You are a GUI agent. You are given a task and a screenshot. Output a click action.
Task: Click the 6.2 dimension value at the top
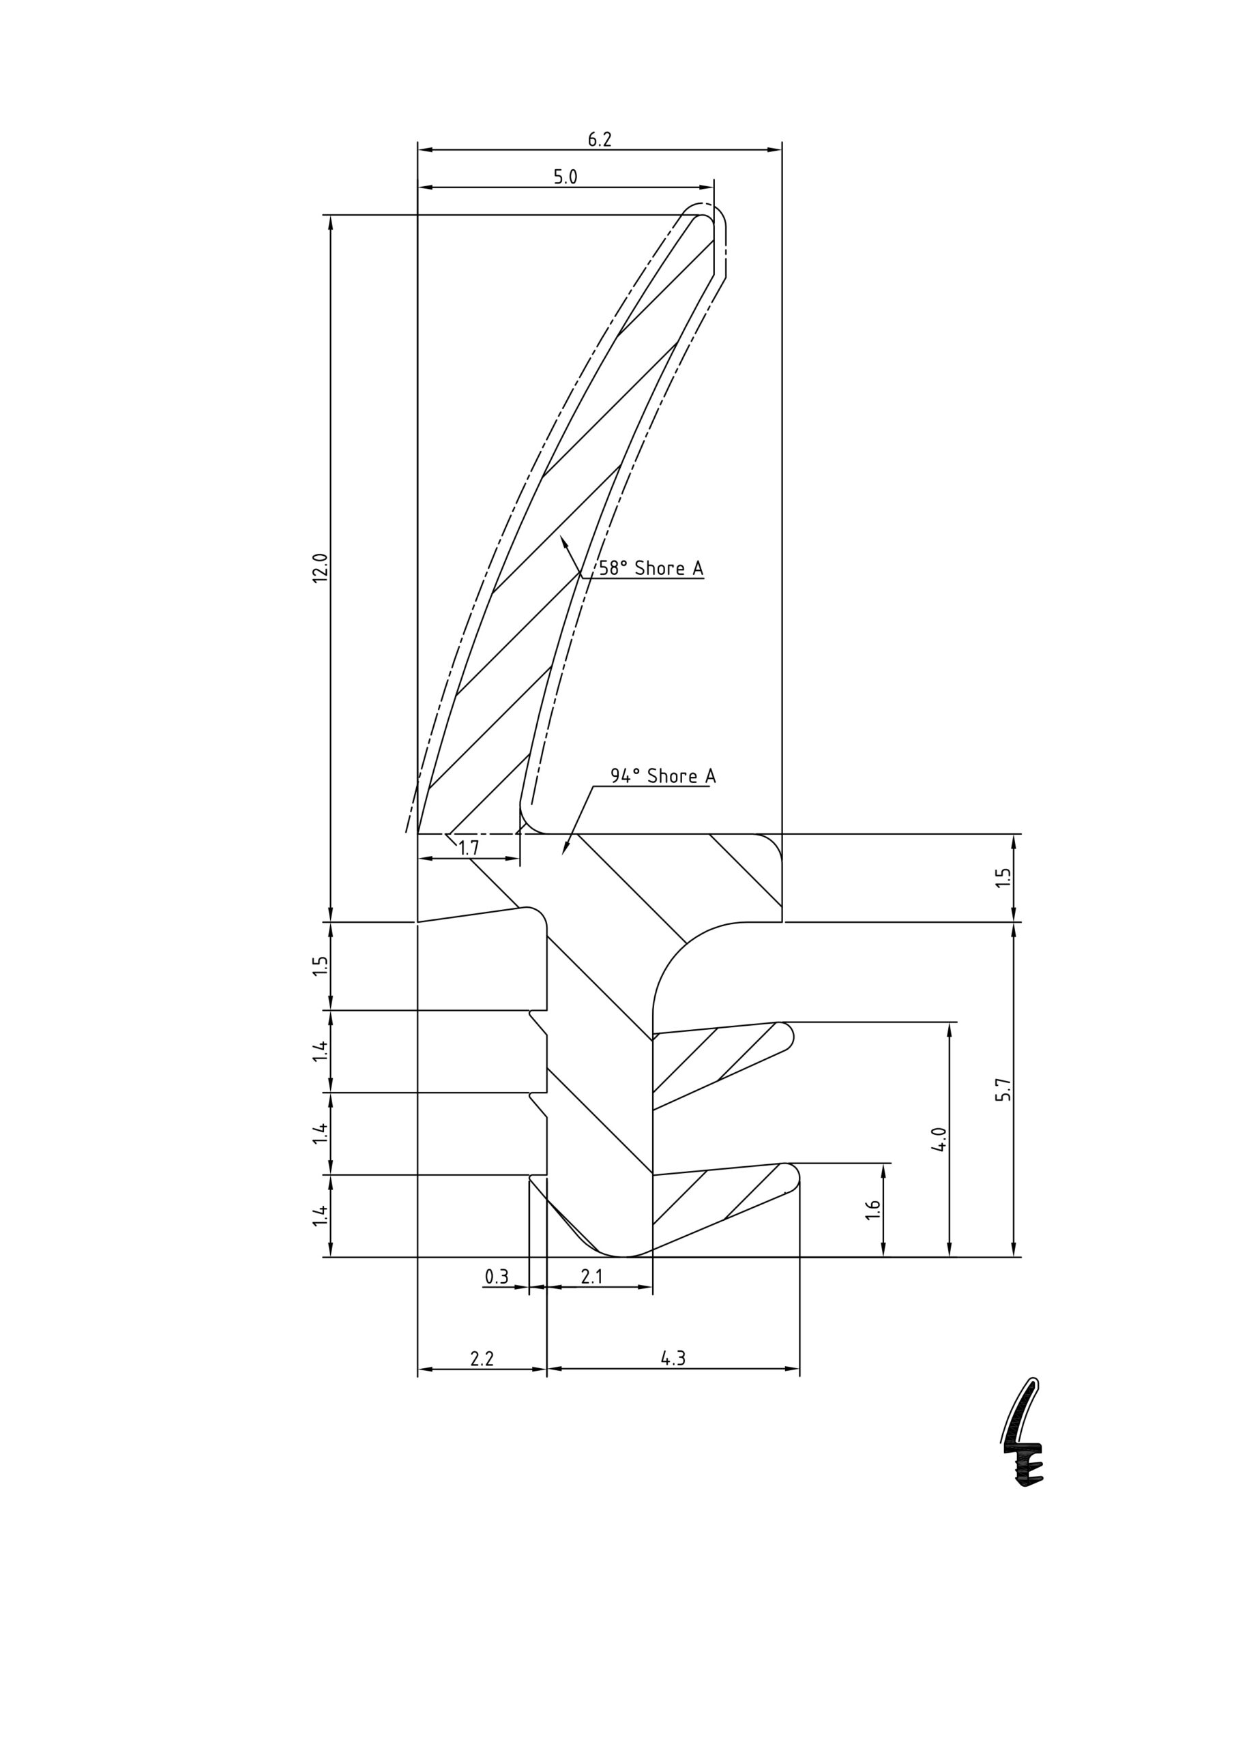tap(600, 139)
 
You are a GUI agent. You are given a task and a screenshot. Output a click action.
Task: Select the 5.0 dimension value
tap(565, 177)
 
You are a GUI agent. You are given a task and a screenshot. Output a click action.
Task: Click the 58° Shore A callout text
tap(651, 568)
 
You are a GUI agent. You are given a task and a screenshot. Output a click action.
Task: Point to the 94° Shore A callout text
tap(662, 775)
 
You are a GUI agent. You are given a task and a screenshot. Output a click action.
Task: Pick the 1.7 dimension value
tap(469, 848)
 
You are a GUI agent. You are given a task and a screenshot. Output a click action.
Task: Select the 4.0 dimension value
tap(939, 1139)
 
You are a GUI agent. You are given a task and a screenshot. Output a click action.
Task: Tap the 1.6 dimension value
tap(873, 1211)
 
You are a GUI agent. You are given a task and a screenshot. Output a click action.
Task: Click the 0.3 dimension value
tap(496, 1277)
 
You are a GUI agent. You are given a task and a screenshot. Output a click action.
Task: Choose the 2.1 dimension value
tap(591, 1277)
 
